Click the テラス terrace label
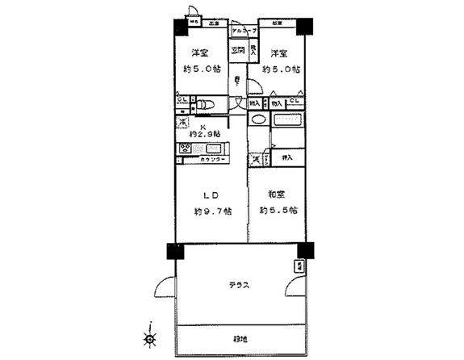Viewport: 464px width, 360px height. [x=237, y=286]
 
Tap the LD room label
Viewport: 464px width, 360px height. [x=208, y=195]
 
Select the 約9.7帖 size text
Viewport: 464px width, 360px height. [x=212, y=211]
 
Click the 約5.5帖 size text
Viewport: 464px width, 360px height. [x=278, y=211]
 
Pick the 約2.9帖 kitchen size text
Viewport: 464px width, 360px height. [x=203, y=133]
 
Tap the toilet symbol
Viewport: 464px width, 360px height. [x=205, y=103]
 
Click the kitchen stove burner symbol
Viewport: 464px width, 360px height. [x=185, y=148]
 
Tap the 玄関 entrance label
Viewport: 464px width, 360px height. [x=237, y=50]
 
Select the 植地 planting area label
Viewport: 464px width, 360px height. [x=240, y=340]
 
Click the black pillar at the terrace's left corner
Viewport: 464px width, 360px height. [x=175, y=251]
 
